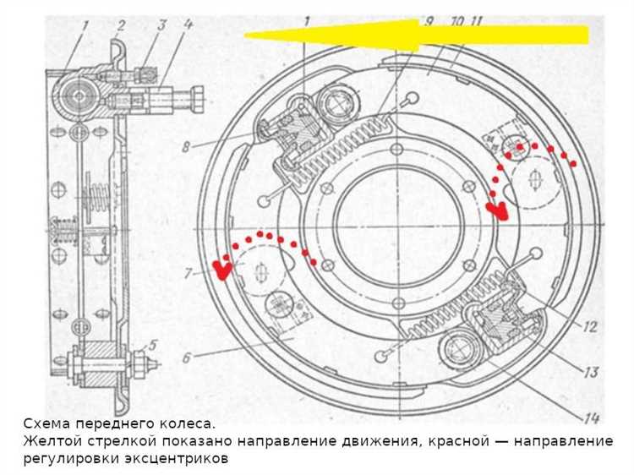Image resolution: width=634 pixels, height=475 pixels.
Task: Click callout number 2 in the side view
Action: tap(121, 26)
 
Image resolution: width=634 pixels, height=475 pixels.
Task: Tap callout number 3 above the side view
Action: tap(161, 26)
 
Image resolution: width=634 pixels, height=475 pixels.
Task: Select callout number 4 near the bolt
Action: tap(188, 26)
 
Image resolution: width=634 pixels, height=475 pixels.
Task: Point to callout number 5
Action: tap(153, 345)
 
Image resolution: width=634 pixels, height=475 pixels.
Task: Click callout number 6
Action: tap(185, 358)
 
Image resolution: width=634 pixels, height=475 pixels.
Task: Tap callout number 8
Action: tap(186, 145)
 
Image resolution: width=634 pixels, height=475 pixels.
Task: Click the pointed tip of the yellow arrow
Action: tap(246, 35)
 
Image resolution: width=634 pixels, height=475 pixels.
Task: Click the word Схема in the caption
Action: tap(46, 423)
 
